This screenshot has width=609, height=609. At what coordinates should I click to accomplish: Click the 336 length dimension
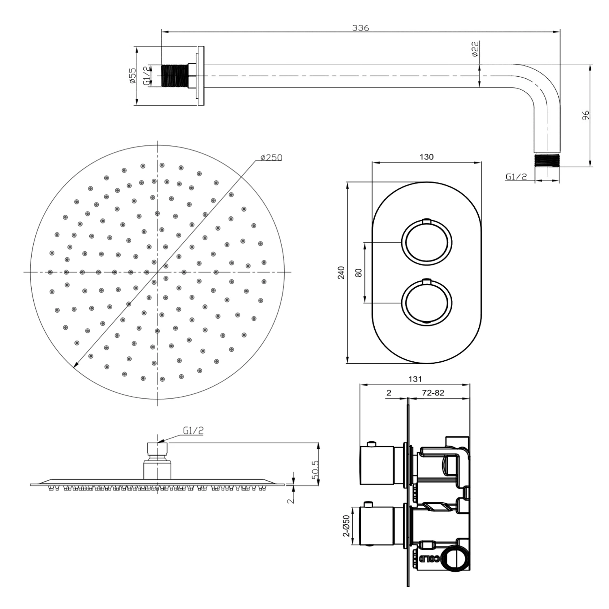point(361,28)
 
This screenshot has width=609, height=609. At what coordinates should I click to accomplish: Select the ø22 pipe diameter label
point(475,49)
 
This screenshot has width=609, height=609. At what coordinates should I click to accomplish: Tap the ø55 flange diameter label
point(132,76)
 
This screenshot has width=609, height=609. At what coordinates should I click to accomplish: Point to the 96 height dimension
point(585,115)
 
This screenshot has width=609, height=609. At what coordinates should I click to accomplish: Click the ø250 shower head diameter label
point(271,157)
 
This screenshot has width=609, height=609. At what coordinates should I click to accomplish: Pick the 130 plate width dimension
point(426,157)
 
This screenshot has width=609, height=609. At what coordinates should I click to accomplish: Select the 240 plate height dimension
point(341,272)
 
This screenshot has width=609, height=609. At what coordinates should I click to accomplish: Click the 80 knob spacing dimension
point(358,272)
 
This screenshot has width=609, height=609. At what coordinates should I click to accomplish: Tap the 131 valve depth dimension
point(415,379)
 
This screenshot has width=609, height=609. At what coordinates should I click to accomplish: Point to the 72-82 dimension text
point(433,393)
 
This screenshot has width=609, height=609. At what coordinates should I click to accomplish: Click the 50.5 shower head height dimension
point(315,470)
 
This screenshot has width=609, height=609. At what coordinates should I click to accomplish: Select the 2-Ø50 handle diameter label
point(346,526)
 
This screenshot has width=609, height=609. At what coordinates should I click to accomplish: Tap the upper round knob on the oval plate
point(427,242)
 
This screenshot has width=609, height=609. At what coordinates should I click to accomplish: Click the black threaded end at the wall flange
point(175,76)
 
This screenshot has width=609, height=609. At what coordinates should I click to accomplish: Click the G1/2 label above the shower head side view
point(193,431)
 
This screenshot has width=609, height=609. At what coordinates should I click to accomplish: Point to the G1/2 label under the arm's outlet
point(516,177)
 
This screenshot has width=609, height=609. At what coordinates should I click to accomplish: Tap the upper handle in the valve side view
point(377,465)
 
